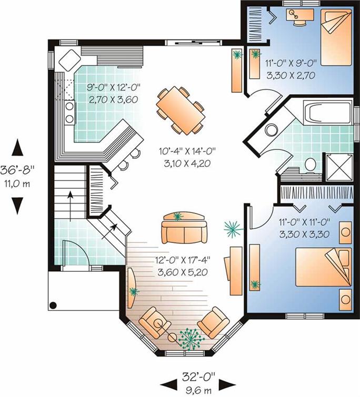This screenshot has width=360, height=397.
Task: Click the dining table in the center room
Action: tap(181, 110)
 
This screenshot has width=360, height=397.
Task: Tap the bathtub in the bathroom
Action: tap(327, 112)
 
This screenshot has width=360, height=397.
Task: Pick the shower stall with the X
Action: tap(339, 167)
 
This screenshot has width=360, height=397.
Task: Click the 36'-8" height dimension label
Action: tap(17, 170)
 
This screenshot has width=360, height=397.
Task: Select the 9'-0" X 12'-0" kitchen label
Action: tap(114, 88)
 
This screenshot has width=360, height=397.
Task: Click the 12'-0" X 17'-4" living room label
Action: tap(183, 260)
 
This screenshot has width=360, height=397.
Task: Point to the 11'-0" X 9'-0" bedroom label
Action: tap(291, 63)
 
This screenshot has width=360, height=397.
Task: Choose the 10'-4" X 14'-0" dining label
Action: tap(187, 151)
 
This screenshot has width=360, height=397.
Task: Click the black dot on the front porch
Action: tap(53, 306)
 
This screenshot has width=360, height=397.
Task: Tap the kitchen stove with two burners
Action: tap(69, 113)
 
